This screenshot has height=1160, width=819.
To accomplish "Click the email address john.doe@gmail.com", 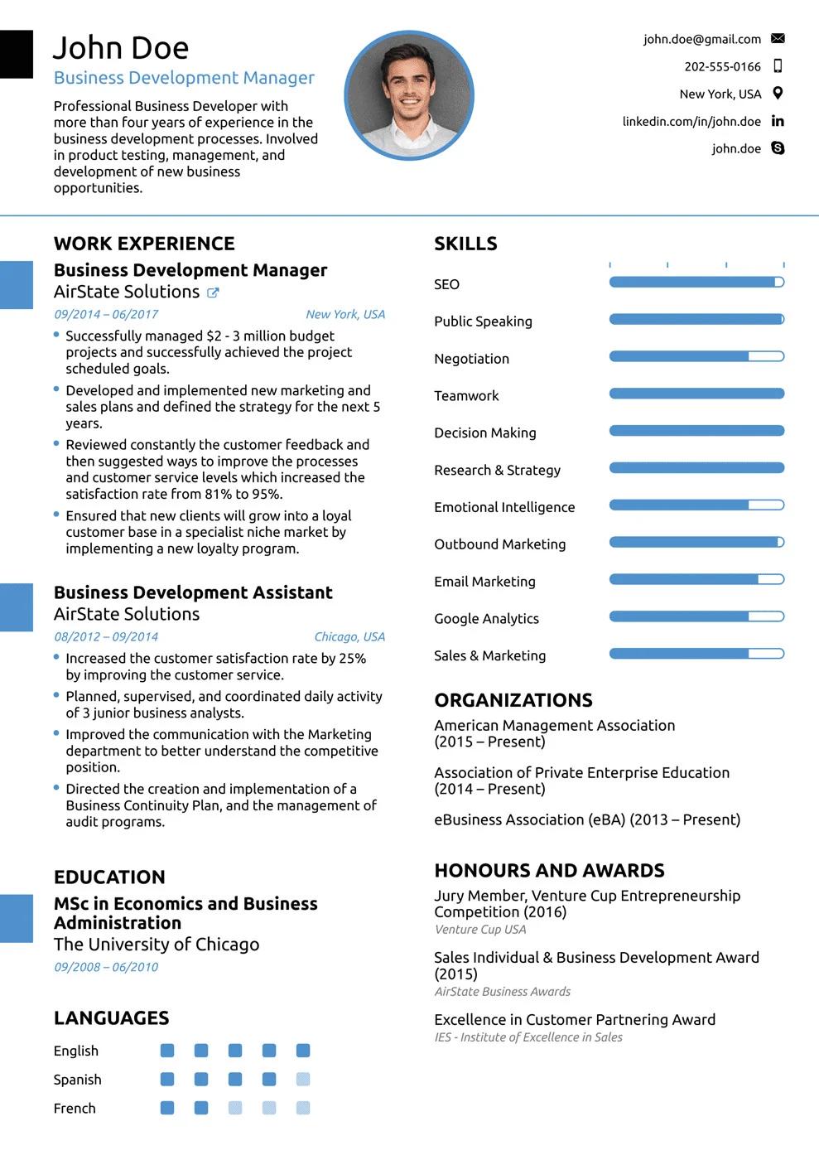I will (701, 39).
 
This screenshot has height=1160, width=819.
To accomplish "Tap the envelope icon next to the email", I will (778, 38).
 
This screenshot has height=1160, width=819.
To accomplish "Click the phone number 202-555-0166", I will (722, 66).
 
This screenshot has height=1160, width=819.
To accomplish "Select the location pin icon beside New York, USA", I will (778, 94).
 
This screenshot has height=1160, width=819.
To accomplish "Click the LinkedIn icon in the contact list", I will (778, 121).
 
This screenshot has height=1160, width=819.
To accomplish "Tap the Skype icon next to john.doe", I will (778, 148).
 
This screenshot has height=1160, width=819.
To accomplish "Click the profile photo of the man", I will (409, 95).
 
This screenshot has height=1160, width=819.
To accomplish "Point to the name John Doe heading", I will (121, 48).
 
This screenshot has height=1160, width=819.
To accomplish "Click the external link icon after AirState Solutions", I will (213, 292).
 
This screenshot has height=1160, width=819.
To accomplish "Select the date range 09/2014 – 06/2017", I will (106, 314).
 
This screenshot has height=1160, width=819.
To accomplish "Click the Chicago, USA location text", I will (349, 636).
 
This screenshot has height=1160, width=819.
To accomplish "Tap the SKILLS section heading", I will (465, 244).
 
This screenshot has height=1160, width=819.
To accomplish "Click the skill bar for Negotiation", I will (696, 356).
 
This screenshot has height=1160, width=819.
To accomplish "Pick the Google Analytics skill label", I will (486, 618).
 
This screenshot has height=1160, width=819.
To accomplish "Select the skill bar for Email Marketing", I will (696, 579).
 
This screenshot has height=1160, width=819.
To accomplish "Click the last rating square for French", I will (303, 1108).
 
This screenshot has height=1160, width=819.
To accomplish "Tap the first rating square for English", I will (167, 1051).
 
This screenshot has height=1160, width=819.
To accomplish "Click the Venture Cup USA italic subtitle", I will (480, 930).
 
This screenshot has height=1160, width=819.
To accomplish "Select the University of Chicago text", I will (157, 945).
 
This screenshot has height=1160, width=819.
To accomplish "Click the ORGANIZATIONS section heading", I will (513, 700).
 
